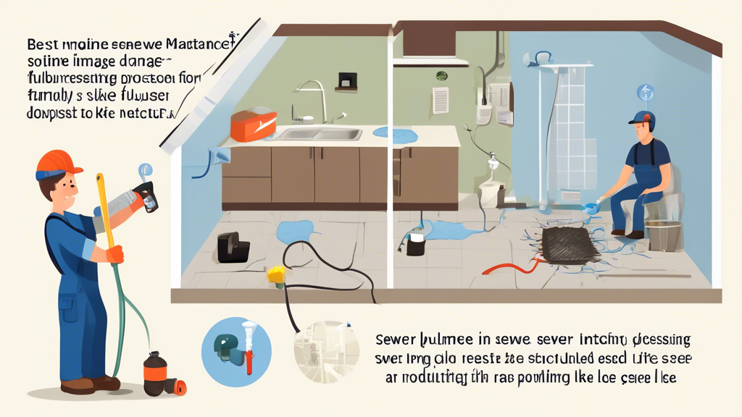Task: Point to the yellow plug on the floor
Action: [x=275, y=274]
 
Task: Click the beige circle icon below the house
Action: [x=326, y=351]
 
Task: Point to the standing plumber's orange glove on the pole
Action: [x=114, y=254]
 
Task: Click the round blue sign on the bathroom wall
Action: [x=645, y=92]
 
